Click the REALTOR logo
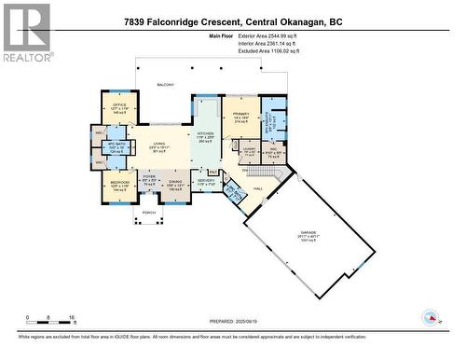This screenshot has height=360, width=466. [26, 33]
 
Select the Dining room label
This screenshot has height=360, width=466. [177, 184]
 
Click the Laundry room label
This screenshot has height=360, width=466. [249, 151]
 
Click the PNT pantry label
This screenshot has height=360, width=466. [213, 172]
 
